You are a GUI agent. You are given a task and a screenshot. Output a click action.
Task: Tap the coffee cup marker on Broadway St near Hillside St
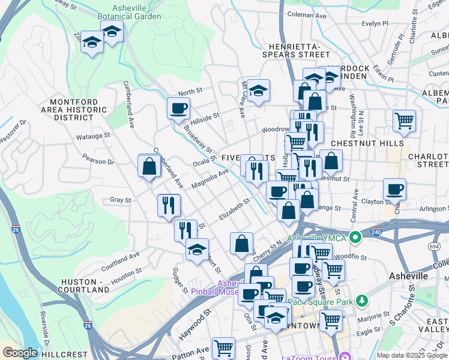[x=179, y=109]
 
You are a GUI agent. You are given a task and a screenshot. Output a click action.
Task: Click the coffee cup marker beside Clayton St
[x=394, y=190]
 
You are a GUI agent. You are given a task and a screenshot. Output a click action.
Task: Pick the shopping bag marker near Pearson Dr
[x=149, y=166]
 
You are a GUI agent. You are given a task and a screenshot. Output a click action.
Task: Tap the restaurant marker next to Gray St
[x=169, y=205]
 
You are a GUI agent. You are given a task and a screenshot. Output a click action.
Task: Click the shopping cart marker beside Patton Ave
[x=223, y=347]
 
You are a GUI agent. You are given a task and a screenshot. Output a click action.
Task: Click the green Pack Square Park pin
[x=362, y=300]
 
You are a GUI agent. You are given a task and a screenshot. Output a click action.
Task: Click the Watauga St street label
[x=93, y=136]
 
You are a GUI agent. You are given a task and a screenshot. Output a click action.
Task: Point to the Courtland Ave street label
[x=120, y=259]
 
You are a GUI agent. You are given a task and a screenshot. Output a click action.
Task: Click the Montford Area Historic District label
[x=79, y=110]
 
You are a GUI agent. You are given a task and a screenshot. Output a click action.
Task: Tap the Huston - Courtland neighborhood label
[x=82, y=286]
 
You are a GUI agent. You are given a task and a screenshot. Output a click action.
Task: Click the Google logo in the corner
[x=20, y=352]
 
